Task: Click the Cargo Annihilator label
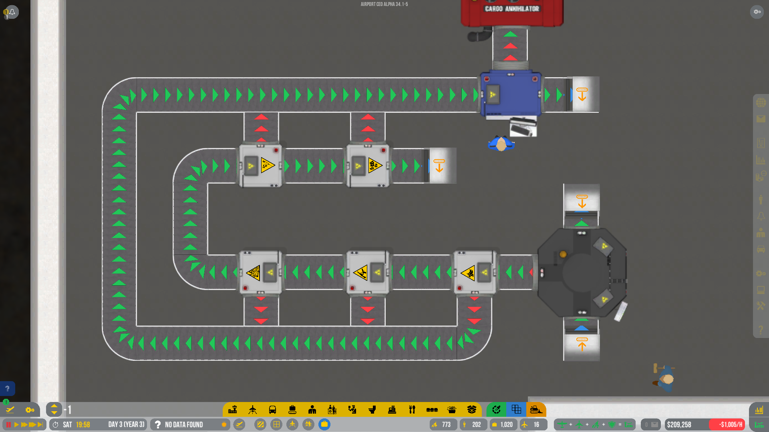[x=512, y=9]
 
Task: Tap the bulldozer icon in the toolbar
[x=536, y=410]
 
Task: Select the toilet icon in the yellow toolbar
[x=372, y=410]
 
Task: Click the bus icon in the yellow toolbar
[x=272, y=410]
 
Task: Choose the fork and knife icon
[x=412, y=410]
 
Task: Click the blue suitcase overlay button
[x=324, y=424]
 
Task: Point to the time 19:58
[x=83, y=424]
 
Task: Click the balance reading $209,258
[x=679, y=424]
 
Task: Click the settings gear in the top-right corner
[x=757, y=12]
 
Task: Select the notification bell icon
[x=12, y=12]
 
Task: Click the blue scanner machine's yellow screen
[x=493, y=95]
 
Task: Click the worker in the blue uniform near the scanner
[x=501, y=144]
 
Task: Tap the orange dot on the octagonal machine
[x=563, y=254]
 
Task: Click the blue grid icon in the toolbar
[x=516, y=410]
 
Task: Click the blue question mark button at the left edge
[x=7, y=388]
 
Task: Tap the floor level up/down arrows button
[x=54, y=410]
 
